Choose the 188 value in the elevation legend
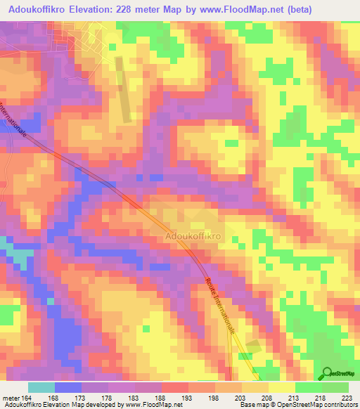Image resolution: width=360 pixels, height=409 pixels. [x=162, y=398]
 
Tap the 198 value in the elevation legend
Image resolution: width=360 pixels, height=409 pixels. [x=215, y=398]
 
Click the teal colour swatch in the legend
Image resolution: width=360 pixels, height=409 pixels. [x=41, y=387]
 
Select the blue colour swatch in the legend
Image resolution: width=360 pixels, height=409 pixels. [x=68, y=387]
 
